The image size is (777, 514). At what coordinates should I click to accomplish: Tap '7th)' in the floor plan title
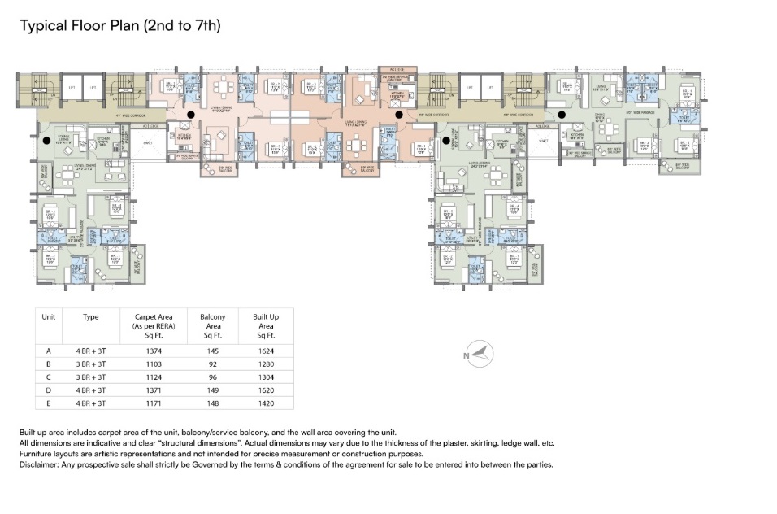pyautogui.click(x=207, y=26)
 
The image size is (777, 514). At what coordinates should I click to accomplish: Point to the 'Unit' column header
pyautogui.click(x=49, y=317)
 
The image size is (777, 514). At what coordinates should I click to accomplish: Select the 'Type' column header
pyautogui.click(x=91, y=317)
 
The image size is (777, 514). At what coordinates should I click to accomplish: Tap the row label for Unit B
pyautogui.click(x=49, y=364)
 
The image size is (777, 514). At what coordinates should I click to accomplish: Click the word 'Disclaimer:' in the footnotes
pyautogui.click(x=41, y=464)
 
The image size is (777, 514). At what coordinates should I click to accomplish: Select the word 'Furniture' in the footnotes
pyautogui.click(x=37, y=454)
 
